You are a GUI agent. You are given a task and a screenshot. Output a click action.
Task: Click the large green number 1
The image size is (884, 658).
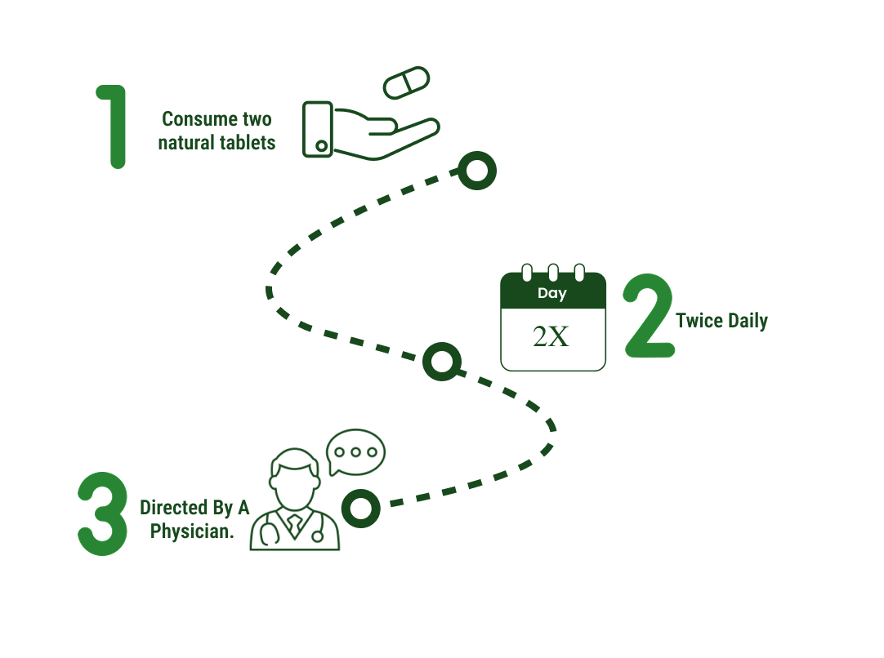pos(116,127)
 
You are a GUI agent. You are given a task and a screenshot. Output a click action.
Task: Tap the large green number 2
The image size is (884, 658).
pos(650,315)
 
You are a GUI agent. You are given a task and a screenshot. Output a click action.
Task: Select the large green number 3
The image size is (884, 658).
pos(103,514)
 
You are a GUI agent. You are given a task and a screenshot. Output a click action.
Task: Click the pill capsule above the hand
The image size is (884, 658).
pos(406,82)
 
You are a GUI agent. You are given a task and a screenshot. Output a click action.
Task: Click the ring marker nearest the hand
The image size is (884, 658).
pos(477,171)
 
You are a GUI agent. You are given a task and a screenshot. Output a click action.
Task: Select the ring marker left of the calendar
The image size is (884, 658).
pos(442,362)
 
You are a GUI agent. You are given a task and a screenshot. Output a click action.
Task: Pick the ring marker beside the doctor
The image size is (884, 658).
pos(361,508)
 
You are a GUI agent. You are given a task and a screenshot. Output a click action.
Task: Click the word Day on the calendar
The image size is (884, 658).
pos(552,294)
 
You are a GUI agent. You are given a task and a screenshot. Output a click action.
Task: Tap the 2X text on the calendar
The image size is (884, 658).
pos(551,336)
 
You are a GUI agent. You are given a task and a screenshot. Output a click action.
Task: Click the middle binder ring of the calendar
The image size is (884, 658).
pos(553,272)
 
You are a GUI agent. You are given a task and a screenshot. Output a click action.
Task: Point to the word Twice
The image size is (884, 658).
pos(699,321)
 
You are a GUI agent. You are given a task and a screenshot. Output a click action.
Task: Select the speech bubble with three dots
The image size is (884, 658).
pos(355,452)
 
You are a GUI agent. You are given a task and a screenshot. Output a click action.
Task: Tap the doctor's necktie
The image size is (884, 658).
pos(295,525)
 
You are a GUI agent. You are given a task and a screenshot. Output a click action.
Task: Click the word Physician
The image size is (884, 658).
pos(192,531)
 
